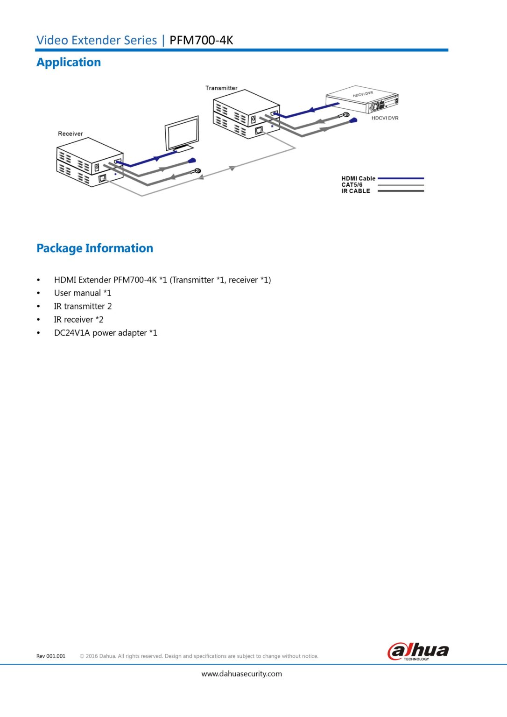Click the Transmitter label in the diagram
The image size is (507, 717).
tap(221, 88)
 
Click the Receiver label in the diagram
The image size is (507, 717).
tap(70, 134)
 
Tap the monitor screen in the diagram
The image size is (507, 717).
tap(183, 134)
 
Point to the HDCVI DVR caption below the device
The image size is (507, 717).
tap(385, 118)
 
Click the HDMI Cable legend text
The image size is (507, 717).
tap(358, 178)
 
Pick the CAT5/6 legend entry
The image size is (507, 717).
tap(352, 185)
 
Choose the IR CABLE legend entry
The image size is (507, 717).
tap(355, 191)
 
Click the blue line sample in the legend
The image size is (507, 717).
tap(401, 178)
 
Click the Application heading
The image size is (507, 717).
tap(69, 62)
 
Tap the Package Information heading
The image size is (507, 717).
tap(95, 248)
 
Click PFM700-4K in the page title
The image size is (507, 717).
tap(201, 40)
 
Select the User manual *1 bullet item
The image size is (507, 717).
tap(83, 293)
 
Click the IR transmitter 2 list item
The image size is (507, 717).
tap(83, 306)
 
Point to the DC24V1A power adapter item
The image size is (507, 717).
tap(106, 333)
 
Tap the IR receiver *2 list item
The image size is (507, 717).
tap(78, 320)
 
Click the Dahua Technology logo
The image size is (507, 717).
tap(418, 651)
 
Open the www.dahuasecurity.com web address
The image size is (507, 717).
tap(241, 674)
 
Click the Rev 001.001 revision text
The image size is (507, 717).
tap(51, 656)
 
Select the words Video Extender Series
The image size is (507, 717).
tap(97, 40)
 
